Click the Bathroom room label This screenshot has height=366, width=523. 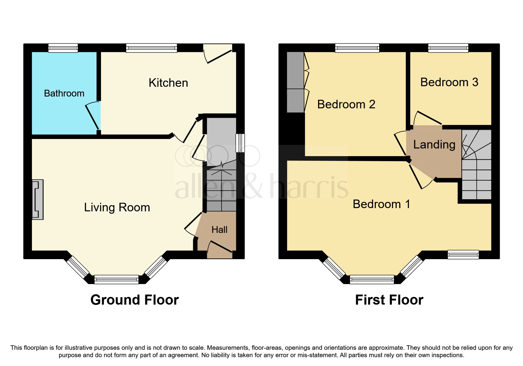pyautogui.click(x=64, y=93)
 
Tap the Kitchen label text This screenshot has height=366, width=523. pyautogui.click(x=168, y=83)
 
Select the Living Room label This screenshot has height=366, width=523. pyautogui.click(x=117, y=207)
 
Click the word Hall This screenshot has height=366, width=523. pyautogui.click(x=219, y=230)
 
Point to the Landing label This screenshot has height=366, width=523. pyautogui.click(x=434, y=145)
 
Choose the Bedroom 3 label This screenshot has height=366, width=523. pyautogui.click(x=449, y=82)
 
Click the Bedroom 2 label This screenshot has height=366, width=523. pyautogui.click(x=346, y=104)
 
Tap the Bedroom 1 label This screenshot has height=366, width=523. pyautogui.click(x=381, y=204)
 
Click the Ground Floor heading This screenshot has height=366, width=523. pyautogui.click(x=134, y=300)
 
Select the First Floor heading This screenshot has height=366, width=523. pyautogui.click(x=389, y=300)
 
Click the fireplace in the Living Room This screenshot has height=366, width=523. pyautogui.click(x=38, y=200)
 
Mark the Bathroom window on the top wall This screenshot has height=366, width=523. pyautogui.click(x=63, y=48)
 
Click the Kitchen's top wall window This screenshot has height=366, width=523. pyautogui.click(x=151, y=48)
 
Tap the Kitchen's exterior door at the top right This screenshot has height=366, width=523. pyautogui.click(x=218, y=53)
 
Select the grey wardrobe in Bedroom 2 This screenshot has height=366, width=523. pyautogui.click(x=295, y=82)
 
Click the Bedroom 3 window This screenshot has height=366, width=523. pyautogui.click(x=448, y=48)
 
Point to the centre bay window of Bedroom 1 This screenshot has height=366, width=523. pyautogui.click(x=372, y=279)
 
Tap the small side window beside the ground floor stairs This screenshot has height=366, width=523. pyautogui.click(x=240, y=143)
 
